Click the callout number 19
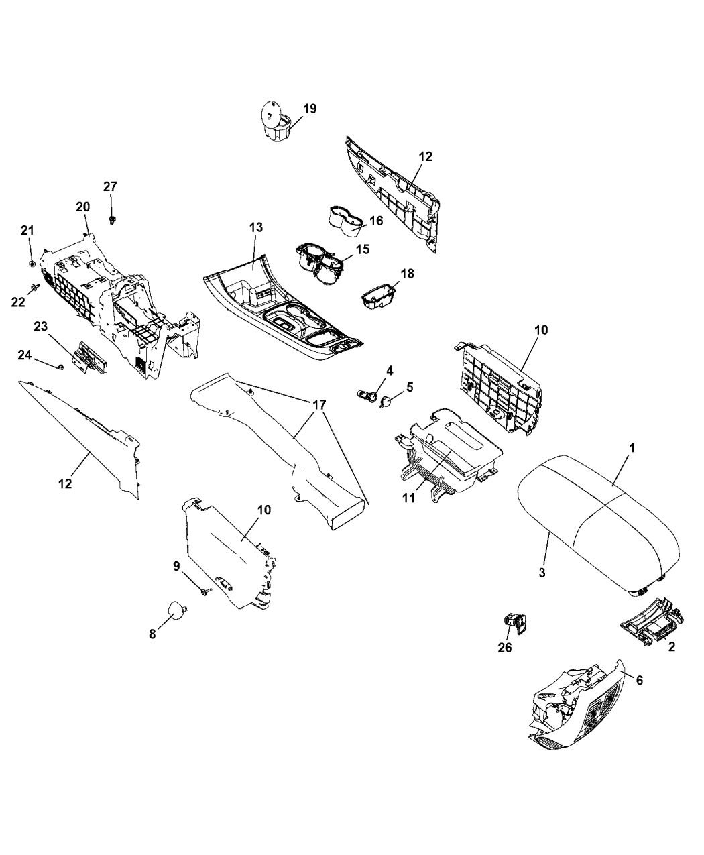pos(310,109)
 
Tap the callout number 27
pos(110,186)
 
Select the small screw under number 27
pos(112,221)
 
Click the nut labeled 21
pos(32,264)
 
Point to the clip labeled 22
pos(32,286)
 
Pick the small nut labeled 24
pos(61,367)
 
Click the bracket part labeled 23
pos(90,358)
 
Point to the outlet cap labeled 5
pos(387,402)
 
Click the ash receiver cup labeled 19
pos(276,121)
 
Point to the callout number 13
pos(256,227)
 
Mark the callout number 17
pos(319,405)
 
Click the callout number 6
pos(639,680)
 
